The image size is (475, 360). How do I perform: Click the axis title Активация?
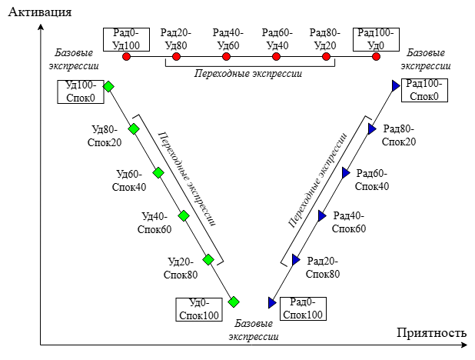36,12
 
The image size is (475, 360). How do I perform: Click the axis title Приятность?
431,333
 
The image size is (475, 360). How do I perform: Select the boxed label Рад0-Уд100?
126,38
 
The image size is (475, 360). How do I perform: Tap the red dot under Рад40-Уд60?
227,57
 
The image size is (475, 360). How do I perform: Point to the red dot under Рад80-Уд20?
327,57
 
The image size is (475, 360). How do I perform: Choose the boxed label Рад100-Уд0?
377,38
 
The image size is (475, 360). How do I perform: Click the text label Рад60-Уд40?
277,38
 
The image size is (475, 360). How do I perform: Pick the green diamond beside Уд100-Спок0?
108,86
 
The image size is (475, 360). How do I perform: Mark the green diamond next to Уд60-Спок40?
158,172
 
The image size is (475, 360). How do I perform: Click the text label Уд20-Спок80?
182,268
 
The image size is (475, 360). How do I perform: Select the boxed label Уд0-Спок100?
198,309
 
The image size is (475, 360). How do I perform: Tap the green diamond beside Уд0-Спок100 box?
234,302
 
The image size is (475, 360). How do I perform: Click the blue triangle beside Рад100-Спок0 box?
395,86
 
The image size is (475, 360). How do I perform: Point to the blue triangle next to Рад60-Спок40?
345,172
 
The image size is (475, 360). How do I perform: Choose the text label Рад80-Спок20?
399,135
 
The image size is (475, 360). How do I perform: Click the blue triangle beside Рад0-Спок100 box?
271,302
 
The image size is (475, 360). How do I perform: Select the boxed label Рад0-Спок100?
302,309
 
